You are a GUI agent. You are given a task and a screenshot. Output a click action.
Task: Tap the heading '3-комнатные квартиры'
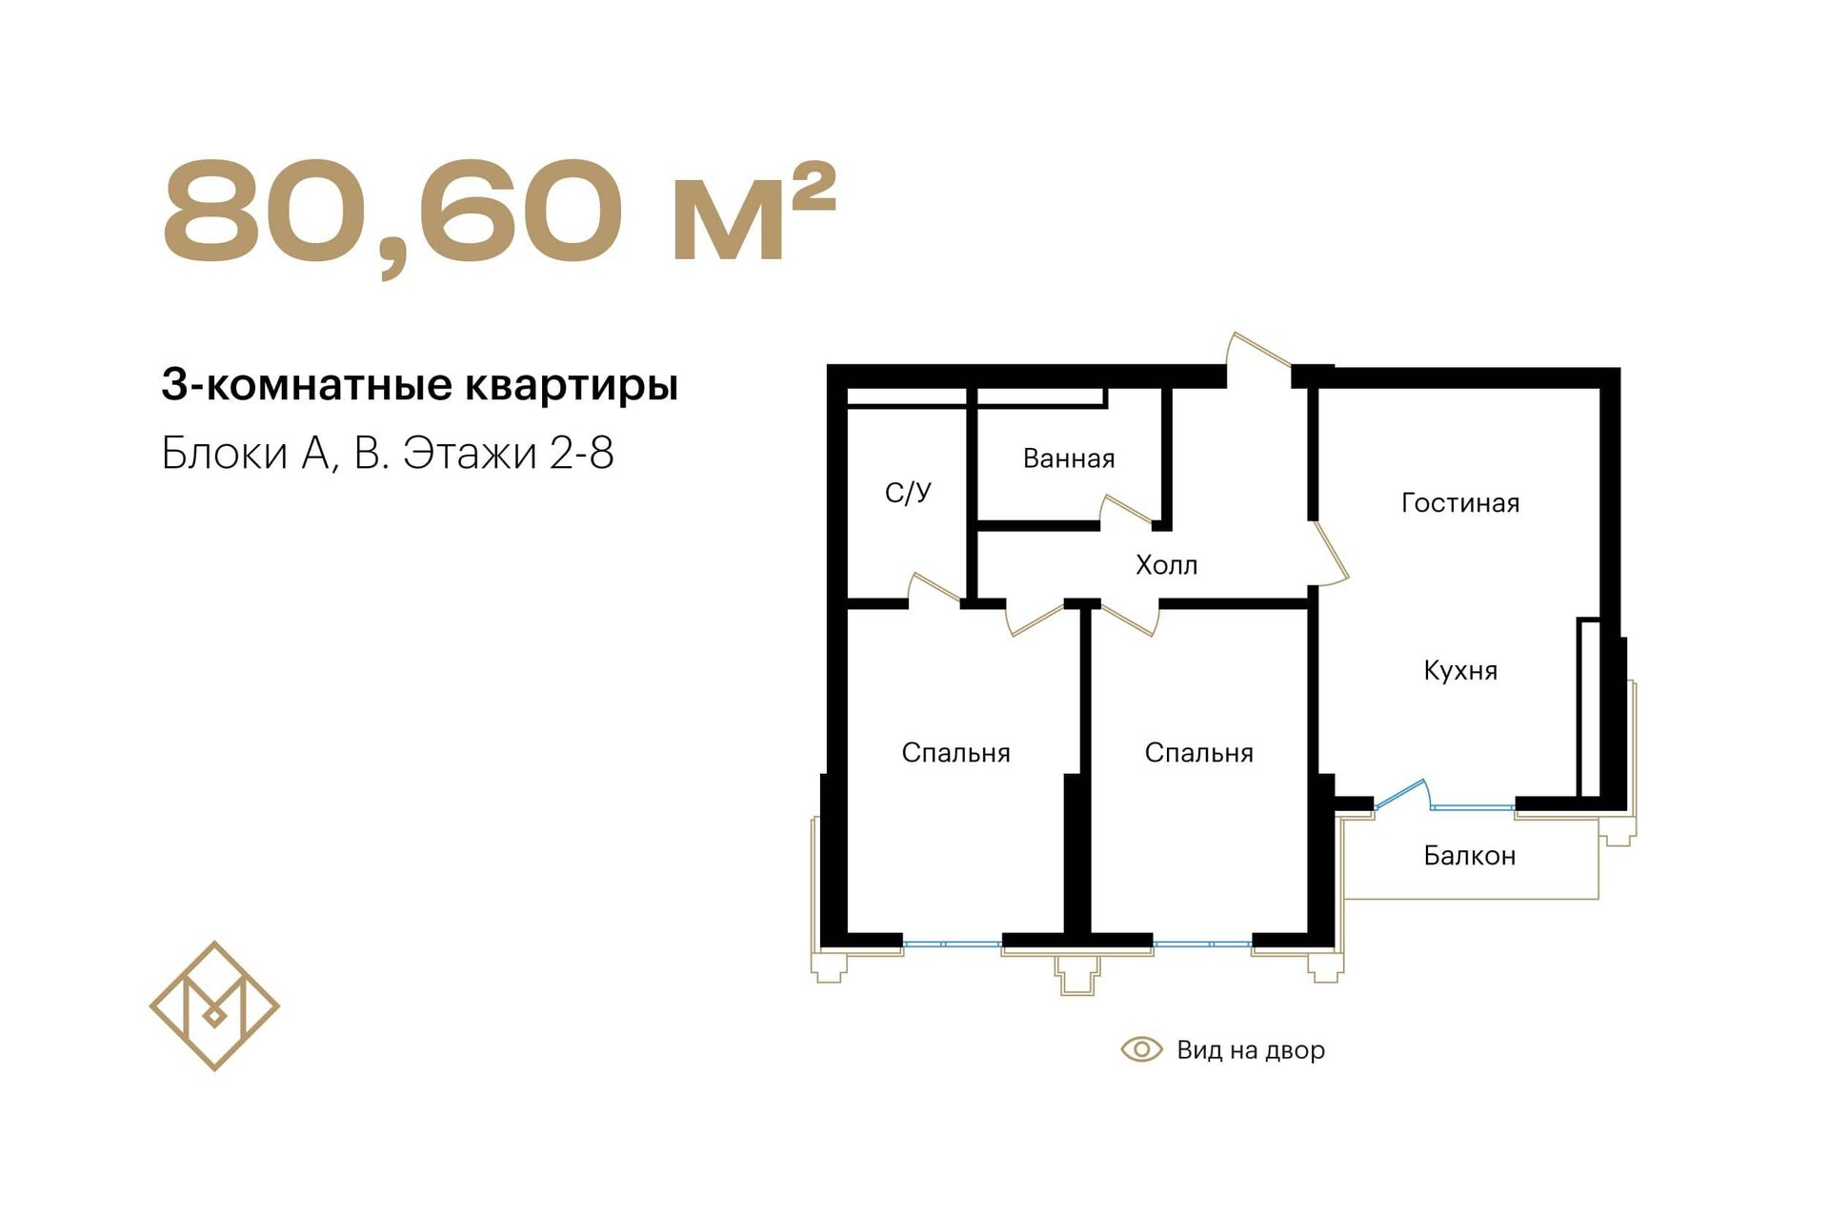(x=420, y=385)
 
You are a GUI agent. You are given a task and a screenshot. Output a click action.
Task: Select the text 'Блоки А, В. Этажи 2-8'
(x=388, y=453)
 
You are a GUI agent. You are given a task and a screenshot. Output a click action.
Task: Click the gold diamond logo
(x=214, y=1006)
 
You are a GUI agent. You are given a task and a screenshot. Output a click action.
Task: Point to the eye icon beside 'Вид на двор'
(x=1141, y=1049)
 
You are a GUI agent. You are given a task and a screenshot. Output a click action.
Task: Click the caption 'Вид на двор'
(x=1251, y=1050)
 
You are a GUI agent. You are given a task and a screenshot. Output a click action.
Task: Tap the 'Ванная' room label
(x=1069, y=458)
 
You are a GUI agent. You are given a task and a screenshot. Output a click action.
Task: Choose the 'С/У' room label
(x=908, y=493)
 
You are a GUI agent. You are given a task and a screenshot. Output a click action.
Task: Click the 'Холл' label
(x=1167, y=565)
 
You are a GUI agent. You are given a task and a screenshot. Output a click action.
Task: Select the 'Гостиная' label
(x=1460, y=503)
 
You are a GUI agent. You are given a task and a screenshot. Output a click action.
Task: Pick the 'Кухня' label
(x=1460, y=671)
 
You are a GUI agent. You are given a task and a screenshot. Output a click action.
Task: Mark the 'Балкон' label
(x=1470, y=856)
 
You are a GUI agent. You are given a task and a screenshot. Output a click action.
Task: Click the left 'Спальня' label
(x=955, y=753)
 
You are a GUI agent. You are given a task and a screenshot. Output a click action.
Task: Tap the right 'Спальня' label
(x=1198, y=753)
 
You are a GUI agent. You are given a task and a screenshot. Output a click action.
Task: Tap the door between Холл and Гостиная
(x=1329, y=553)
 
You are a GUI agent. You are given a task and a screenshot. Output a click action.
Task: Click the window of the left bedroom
(x=953, y=945)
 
